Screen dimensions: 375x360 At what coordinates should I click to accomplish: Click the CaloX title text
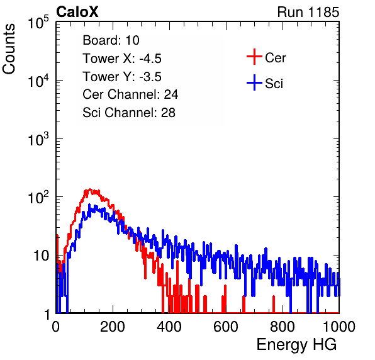pyautogui.click(x=77, y=12)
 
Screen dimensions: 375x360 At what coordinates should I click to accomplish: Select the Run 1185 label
pyautogui.click(x=308, y=12)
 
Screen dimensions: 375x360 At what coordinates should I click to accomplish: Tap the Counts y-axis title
pyautogui.click(x=9, y=48)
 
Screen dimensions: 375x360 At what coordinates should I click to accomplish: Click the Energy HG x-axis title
pyautogui.click(x=296, y=344)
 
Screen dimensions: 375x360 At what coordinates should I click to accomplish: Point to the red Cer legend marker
pyautogui.click(x=254, y=57)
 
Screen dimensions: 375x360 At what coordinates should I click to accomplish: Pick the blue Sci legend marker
pyautogui.click(x=254, y=82)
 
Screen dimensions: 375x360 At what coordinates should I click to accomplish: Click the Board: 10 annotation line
pyautogui.click(x=111, y=40)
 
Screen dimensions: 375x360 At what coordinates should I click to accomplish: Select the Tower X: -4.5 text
pyautogui.click(x=122, y=59)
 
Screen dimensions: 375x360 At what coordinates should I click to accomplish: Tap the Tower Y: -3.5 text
pyautogui.click(x=122, y=77)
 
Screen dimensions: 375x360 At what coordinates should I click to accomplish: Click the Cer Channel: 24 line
pyautogui.click(x=130, y=94)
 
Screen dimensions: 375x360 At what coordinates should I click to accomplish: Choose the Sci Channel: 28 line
pyautogui.click(x=129, y=113)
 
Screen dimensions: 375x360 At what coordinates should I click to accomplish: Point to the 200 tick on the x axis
pyautogui.click(x=113, y=327)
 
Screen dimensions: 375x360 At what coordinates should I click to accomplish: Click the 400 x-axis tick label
pyautogui.click(x=169, y=327)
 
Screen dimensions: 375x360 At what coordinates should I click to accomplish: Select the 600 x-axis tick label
pyautogui.click(x=226, y=327)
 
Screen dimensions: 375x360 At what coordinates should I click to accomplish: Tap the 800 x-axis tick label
pyautogui.click(x=283, y=327)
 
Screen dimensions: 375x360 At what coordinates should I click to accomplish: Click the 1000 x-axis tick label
pyautogui.click(x=339, y=327)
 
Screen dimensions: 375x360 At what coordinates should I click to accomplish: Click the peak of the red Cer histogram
pyautogui.click(x=90, y=189)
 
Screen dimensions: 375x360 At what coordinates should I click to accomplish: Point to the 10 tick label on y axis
pyautogui.click(x=41, y=256)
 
